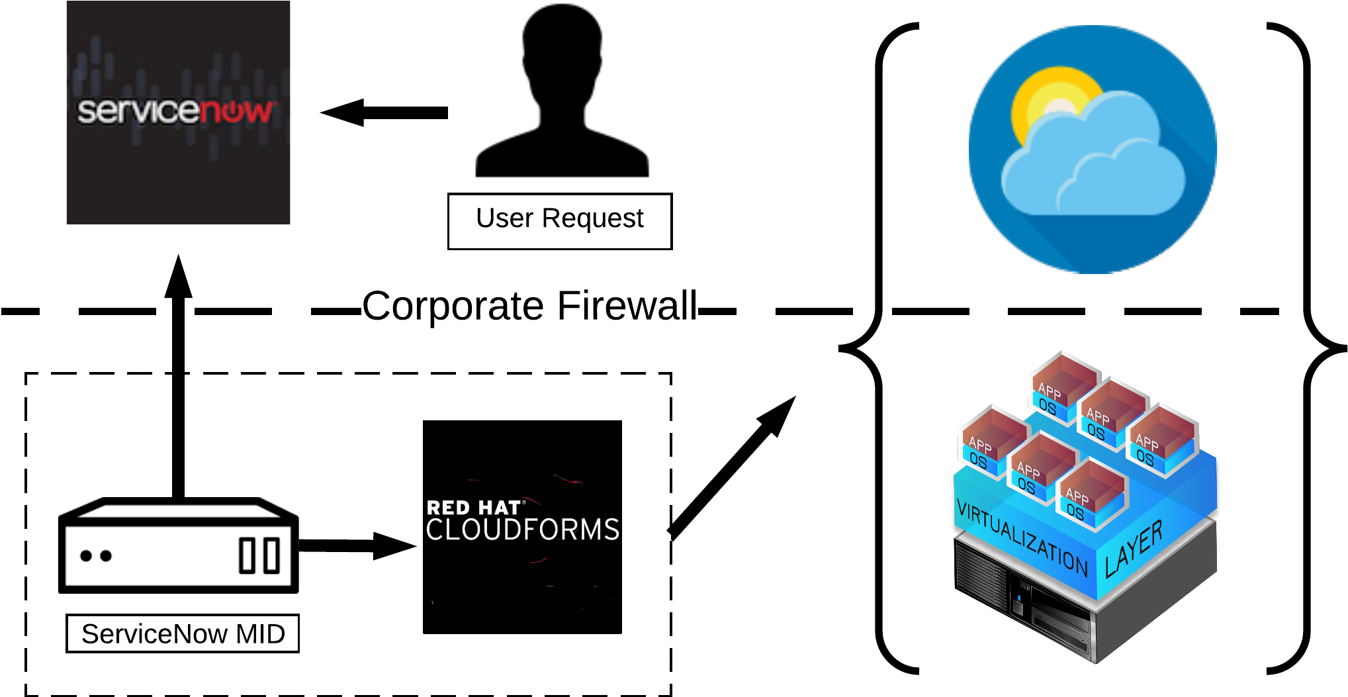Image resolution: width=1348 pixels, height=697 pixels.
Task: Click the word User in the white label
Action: pos(504,218)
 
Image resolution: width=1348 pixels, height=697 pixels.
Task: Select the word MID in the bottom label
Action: pos(260,634)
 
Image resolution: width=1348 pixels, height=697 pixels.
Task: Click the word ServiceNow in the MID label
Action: pos(154,634)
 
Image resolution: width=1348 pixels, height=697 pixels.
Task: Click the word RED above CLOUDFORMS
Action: pos(448,508)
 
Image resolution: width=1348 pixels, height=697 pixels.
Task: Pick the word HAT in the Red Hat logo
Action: pos(500,508)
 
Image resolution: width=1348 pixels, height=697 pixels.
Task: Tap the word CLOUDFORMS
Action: pos(522,530)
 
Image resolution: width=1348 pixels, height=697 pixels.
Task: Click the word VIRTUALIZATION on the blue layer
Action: pos(1022,538)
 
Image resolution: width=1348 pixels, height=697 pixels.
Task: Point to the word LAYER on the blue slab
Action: pos(1134,549)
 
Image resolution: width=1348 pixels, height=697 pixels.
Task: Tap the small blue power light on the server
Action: pos(1019,598)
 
